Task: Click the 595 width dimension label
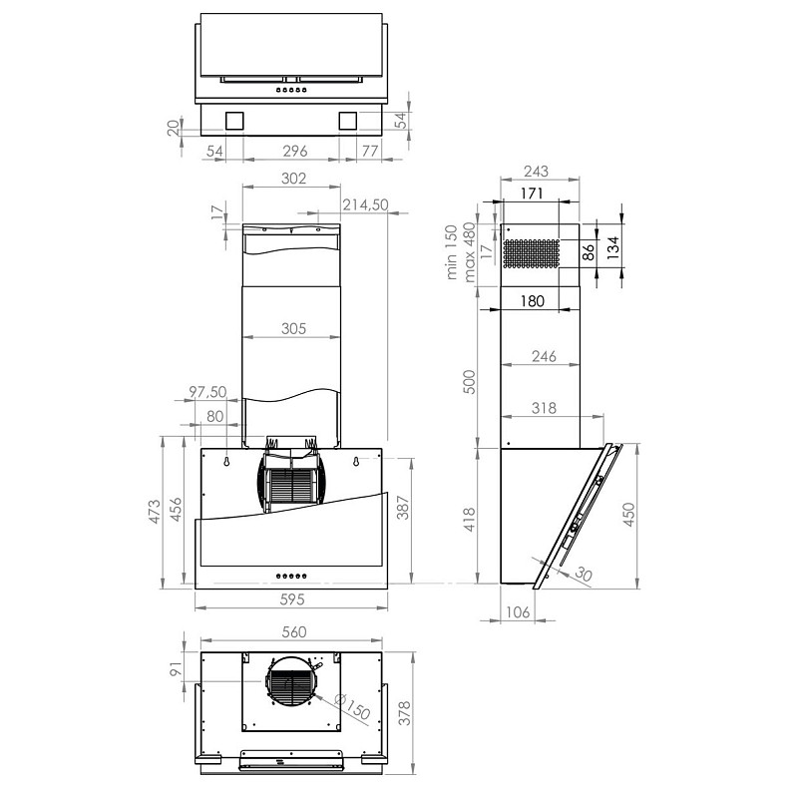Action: [x=291, y=599]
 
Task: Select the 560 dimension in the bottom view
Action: [x=291, y=631]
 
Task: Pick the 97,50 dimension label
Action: [x=206, y=391]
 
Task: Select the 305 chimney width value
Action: [x=292, y=328]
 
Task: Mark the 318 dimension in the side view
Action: [x=543, y=407]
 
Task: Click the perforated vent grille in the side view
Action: [x=533, y=253]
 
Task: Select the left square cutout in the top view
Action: [x=234, y=120]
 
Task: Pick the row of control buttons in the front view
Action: [x=291, y=576]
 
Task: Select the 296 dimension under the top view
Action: [x=293, y=151]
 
